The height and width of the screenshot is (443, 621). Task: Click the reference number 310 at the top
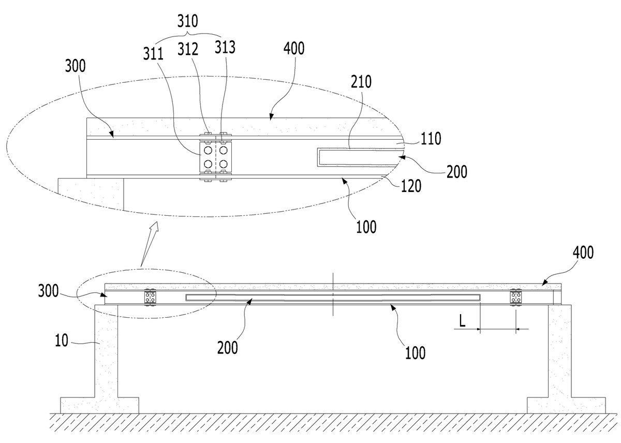point(188,21)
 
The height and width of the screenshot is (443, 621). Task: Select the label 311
point(153,54)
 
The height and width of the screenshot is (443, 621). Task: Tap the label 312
point(188,49)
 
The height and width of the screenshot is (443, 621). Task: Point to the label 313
point(225,47)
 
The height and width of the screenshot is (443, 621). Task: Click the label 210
point(361,82)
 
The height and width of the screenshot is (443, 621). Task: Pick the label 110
point(431,139)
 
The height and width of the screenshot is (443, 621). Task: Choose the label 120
point(411,186)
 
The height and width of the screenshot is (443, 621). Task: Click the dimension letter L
point(462,321)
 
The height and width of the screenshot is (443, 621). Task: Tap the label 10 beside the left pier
point(62,341)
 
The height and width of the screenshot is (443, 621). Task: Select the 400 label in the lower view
point(583,252)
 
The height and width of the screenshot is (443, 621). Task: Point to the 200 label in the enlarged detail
point(457,171)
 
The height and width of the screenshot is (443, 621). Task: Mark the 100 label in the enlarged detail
point(366,227)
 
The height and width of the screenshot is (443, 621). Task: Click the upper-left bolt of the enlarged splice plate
point(208,150)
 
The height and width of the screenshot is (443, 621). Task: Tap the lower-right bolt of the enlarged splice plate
point(224,164)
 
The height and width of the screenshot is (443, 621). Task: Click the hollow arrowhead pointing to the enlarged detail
point(154,228)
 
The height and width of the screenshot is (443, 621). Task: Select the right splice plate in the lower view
point(516,298)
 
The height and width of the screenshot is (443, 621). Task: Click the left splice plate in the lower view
point(150,298)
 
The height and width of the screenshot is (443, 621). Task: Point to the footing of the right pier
point(566,406)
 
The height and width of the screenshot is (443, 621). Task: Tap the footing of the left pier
point(99,406)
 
